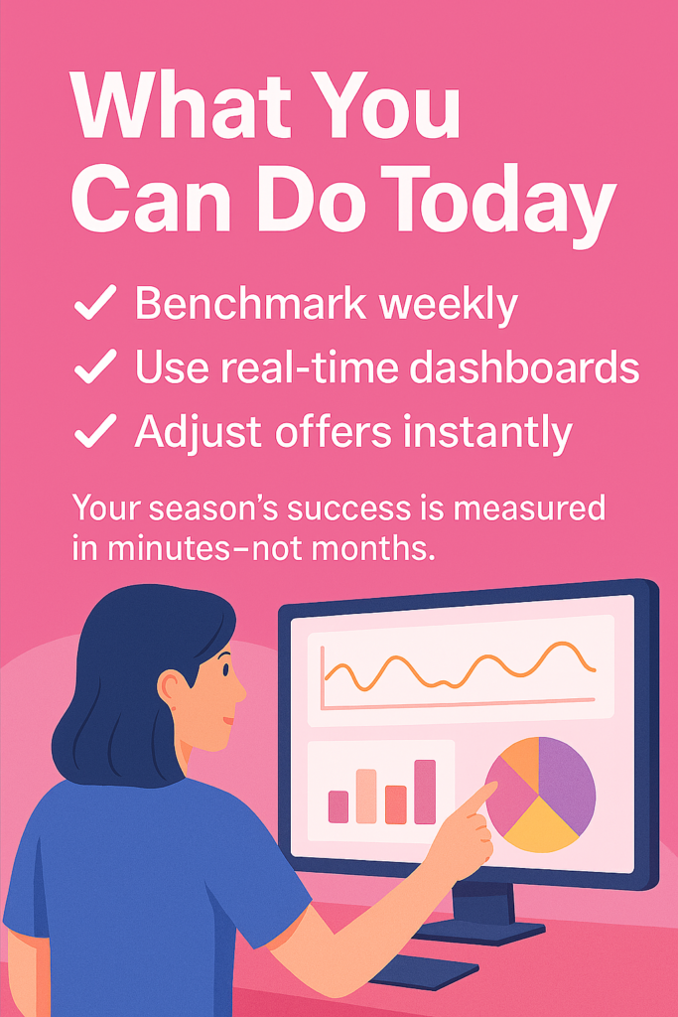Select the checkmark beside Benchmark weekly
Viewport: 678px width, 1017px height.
(95, 302)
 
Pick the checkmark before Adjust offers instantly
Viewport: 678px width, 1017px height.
(95, 431)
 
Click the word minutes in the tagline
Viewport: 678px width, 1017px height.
(169, 548)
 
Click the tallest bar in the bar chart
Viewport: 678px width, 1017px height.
(425, 792)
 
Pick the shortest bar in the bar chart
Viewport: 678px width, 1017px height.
(339, 806)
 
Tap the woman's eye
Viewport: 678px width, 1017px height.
(225, 669)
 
